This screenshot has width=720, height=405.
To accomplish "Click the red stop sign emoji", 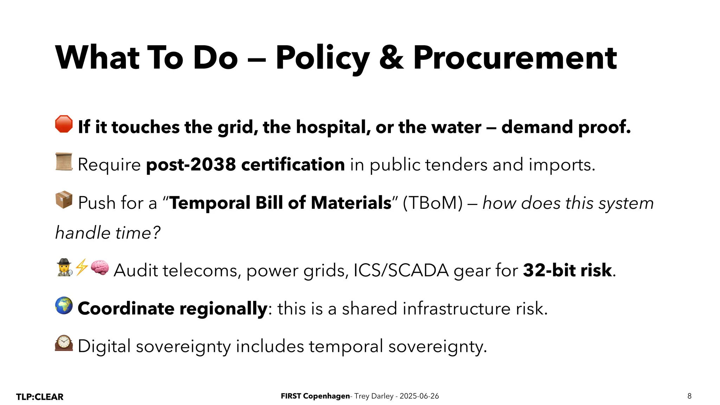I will (64, 124).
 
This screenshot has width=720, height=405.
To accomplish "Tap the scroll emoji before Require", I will (64, 162).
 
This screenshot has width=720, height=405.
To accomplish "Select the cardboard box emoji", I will (64, 200).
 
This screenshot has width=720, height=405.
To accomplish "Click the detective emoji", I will (64, 268).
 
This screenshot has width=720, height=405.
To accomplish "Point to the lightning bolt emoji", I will (82, 267).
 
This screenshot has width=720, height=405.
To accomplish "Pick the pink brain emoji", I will (100, 268).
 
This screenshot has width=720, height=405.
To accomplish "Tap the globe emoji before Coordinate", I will (64, 306).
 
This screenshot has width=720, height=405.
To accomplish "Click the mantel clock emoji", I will (64, 343).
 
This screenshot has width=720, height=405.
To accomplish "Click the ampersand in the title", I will (391, 58).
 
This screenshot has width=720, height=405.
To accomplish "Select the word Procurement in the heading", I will (515, 58).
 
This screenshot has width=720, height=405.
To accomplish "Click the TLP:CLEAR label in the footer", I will (40, 397).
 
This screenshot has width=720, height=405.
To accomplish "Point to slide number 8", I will (689, 396).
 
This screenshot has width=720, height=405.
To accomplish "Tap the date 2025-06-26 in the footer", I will (419, 396).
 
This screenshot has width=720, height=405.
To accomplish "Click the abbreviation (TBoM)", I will (433, 203).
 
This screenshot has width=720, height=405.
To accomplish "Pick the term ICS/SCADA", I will (401, 270).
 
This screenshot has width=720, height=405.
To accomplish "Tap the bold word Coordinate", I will (126, 308).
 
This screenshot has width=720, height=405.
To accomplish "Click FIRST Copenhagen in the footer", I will (315, 396).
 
